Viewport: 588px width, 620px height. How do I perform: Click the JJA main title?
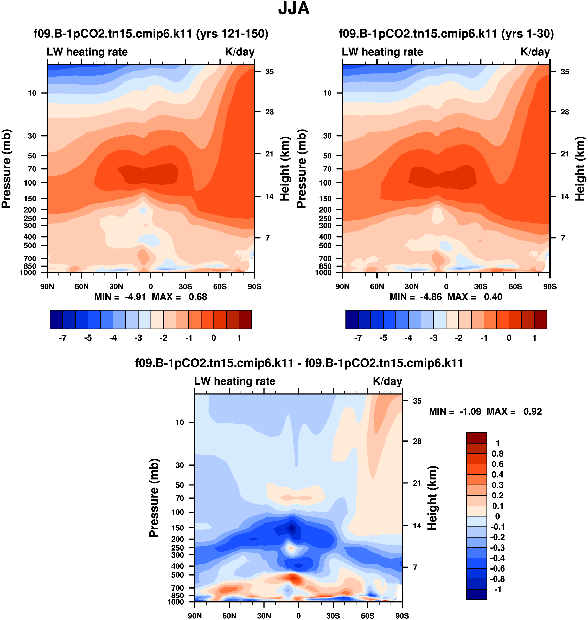(294, 9)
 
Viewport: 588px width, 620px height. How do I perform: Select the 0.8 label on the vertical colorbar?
(497, 454)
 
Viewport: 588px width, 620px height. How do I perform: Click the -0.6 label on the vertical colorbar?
(497, 568)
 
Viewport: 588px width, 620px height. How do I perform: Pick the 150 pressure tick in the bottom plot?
(178, 528)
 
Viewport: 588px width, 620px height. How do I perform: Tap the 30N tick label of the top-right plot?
(412, 286)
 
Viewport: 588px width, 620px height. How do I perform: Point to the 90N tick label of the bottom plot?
(195, 616)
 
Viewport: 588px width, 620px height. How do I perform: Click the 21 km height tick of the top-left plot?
(269, 154)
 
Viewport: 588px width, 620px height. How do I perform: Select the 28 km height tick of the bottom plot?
(417, 441)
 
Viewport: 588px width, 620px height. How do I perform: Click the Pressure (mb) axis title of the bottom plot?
(154, 498)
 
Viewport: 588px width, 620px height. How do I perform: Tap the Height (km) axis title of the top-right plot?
(580, 169)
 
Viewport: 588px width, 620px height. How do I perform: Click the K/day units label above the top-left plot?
(240, 52)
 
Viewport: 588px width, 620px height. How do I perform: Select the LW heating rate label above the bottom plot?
(235, 381)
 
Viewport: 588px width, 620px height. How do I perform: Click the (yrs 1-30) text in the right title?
(527, 34)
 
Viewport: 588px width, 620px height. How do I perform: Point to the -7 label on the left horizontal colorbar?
(63, 338)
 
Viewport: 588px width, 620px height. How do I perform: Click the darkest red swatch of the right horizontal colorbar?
(540, 319)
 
